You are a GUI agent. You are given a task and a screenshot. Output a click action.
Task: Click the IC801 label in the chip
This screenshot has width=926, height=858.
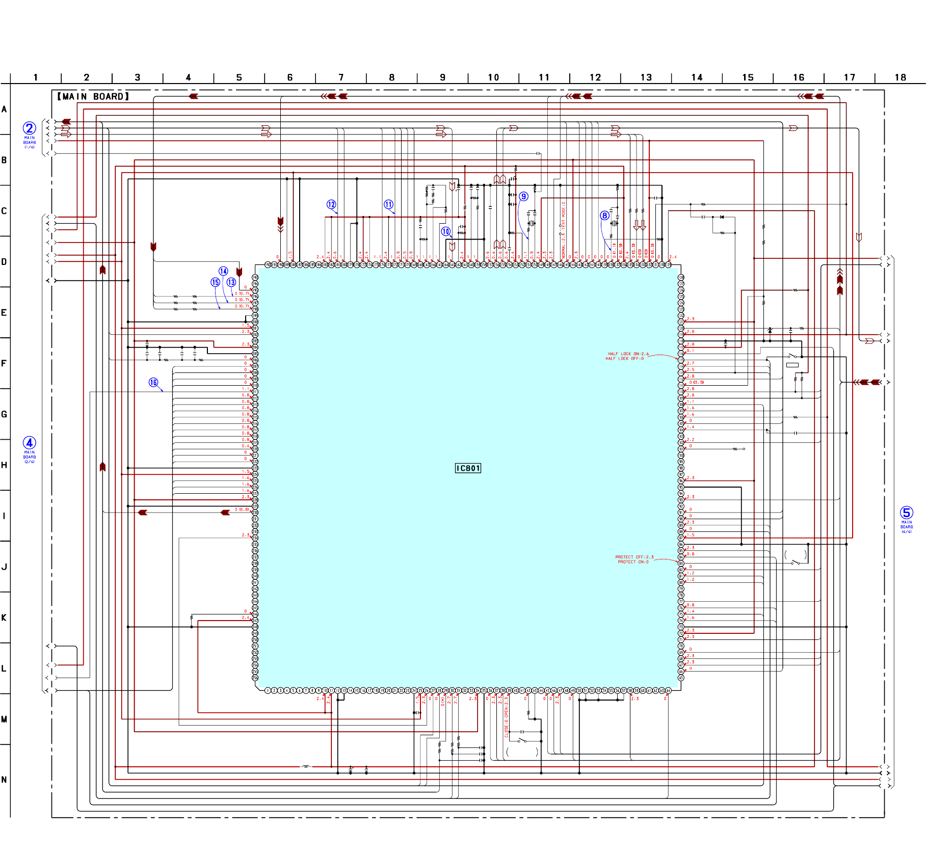point(468,468)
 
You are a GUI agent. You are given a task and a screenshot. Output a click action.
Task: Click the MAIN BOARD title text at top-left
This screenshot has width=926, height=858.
point(93,96)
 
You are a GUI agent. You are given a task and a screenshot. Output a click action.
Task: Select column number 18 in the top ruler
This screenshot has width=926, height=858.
point(900,77)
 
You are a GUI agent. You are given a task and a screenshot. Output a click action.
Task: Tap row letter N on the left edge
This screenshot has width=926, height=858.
point(4,780)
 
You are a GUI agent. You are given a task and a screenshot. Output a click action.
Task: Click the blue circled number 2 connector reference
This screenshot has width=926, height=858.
point(30,128)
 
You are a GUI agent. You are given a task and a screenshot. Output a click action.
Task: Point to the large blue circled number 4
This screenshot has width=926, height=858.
point(30,443)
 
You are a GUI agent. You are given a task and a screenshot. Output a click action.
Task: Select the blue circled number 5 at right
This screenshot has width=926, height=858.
point(906,513)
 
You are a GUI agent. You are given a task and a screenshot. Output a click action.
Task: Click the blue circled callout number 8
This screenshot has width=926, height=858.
point(604,216)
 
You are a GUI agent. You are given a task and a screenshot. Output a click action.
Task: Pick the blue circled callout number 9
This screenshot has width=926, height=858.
point(523,197)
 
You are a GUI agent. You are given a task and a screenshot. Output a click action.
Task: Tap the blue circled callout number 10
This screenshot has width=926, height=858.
point(446,231)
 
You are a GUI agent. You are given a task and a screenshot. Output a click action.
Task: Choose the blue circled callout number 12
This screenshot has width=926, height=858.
point(331,204)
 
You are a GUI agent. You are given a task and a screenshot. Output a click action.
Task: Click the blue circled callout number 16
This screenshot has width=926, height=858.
point(153,382)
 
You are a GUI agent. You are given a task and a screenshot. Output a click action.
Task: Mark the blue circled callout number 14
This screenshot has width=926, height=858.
point(223,271)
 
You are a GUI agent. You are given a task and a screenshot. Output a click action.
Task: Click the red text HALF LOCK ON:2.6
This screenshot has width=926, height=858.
point(628,354)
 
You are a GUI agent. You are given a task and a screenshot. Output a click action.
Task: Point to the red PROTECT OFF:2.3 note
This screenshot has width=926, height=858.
point(634,557)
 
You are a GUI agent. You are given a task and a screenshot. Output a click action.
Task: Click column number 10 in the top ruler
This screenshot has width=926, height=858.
point(493,77)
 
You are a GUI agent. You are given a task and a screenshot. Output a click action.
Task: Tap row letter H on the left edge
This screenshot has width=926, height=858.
point(4,465)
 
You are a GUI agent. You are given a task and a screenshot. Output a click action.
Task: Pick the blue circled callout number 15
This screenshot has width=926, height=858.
point(216,282)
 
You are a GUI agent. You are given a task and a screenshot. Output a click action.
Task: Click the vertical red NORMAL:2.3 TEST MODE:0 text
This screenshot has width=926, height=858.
point(564,229)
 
